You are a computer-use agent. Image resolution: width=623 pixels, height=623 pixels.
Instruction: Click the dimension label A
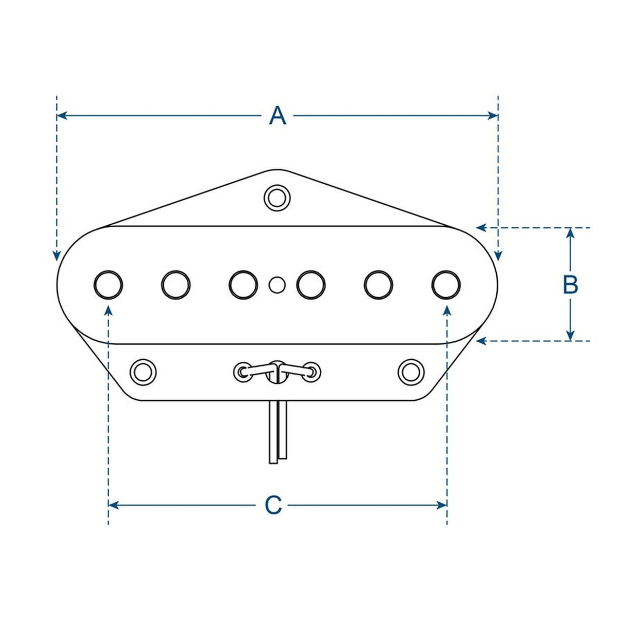(277, 116)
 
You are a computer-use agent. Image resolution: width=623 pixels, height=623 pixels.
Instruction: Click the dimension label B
(570, 284)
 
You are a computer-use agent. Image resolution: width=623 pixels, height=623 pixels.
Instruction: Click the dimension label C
(273, 505)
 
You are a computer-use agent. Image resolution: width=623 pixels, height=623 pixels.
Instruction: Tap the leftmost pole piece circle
(108, 284)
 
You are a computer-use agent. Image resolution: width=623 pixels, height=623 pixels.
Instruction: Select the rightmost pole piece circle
(446, 284)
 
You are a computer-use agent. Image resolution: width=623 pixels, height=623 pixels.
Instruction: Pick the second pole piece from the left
(176, 284)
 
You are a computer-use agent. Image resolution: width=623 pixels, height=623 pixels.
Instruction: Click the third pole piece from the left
(243, 284)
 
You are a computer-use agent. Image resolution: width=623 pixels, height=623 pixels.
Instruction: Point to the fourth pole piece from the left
(311, 284)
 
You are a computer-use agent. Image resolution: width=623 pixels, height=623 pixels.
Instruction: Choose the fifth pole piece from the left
(378, 284)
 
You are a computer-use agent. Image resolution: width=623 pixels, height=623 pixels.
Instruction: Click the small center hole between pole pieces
(277, 284)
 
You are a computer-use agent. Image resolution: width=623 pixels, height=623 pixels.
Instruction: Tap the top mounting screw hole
(277, 197)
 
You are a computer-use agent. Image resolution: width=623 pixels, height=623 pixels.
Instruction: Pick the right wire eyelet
(311, 371)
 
